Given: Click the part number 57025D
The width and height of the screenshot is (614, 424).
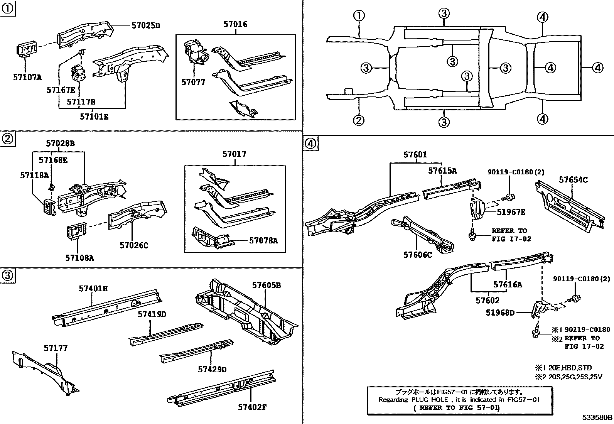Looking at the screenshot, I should [x=145, y=26].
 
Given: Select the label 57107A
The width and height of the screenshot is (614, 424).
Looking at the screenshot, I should [x=27, y=77].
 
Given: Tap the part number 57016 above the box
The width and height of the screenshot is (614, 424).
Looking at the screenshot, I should [x=235, y=24].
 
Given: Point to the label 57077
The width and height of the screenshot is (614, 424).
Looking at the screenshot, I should [x=193, y=82].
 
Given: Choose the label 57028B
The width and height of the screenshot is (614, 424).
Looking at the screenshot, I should [x=60, y=144].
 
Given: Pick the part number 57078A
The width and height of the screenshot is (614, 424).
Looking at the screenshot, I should [x=263, y=241].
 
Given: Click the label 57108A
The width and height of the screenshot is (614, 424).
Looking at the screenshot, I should [x=79, y=257].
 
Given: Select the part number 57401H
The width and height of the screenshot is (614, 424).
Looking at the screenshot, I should [x=93, y=288].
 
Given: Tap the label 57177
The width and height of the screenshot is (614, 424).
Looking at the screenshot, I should [x=56, y=348].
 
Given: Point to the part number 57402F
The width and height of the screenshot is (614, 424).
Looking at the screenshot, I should [x=253, y=407].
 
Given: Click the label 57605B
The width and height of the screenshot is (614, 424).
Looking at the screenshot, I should [x=267, y=285].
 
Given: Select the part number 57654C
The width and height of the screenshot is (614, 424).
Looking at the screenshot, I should [x=574, y=180].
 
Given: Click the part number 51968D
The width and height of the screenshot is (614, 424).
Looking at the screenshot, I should [x=500, y=313].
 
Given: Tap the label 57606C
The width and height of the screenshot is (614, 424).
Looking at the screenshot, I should [x=418, y=255].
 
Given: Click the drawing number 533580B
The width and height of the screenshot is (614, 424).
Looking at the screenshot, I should [x=597, y=417].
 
